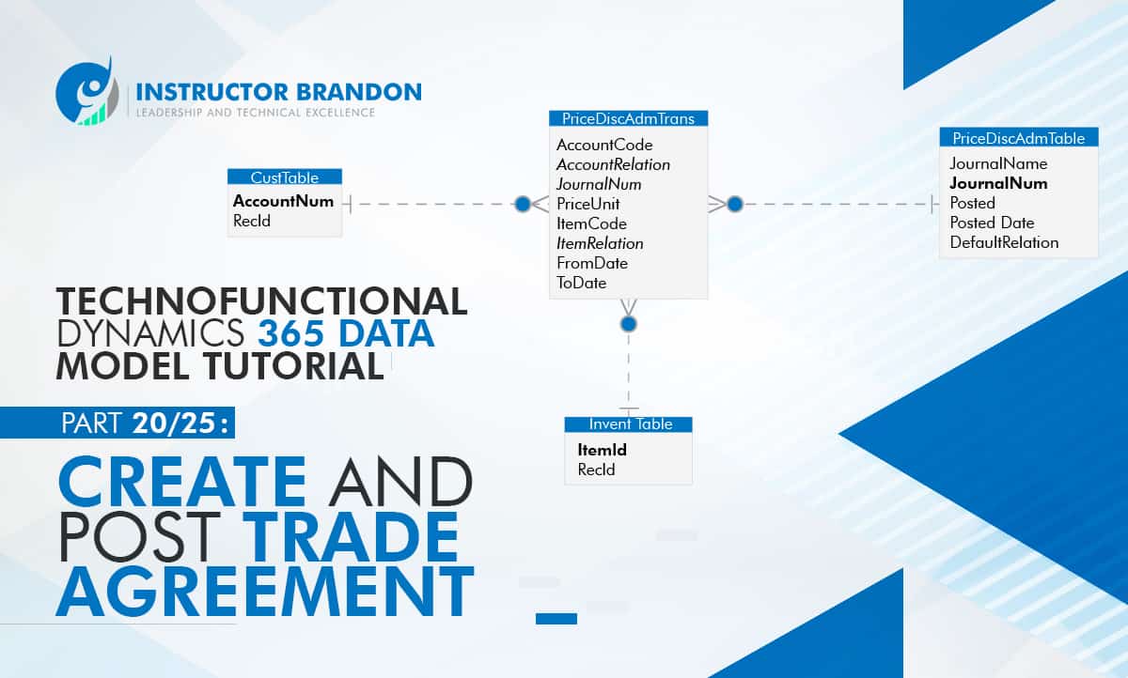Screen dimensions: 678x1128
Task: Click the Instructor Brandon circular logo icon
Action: click(87, 91)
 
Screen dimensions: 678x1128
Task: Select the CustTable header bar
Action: click(285, 177)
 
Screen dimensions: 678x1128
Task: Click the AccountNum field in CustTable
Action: click(283, 201)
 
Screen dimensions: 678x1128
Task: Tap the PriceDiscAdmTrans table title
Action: click(628, 118)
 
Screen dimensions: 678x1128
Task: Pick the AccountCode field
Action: click(603, 145)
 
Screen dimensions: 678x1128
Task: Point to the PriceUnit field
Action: click(587, 204)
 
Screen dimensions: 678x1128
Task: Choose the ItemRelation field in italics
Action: click(600, 243)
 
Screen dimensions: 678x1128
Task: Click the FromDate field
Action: click(591, 263)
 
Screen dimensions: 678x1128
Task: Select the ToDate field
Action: click(581, 283)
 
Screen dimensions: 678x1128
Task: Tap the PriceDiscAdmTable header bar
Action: click(1018, 138)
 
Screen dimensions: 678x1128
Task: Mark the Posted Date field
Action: click(992, 223)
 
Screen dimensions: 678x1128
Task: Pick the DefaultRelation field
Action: click(1004, 242)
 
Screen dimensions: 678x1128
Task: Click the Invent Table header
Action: click(630, 424)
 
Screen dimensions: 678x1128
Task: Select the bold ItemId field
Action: click(602, 450)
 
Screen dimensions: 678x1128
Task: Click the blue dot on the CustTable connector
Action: click(523, 204)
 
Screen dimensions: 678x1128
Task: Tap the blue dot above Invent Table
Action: click(629, 324)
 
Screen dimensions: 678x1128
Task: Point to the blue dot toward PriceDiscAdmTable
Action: click(735, 204)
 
